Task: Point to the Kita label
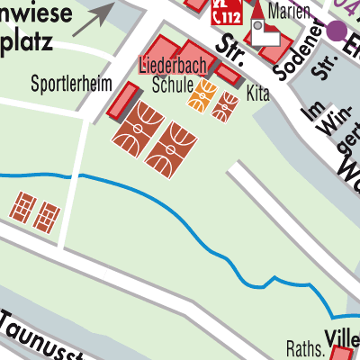pos(257,94)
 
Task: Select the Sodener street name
pos(297,54)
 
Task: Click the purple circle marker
pos(337,30)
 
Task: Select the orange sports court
pos(202,94)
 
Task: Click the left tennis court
pos(22,206)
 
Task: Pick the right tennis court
pos(48,216)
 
